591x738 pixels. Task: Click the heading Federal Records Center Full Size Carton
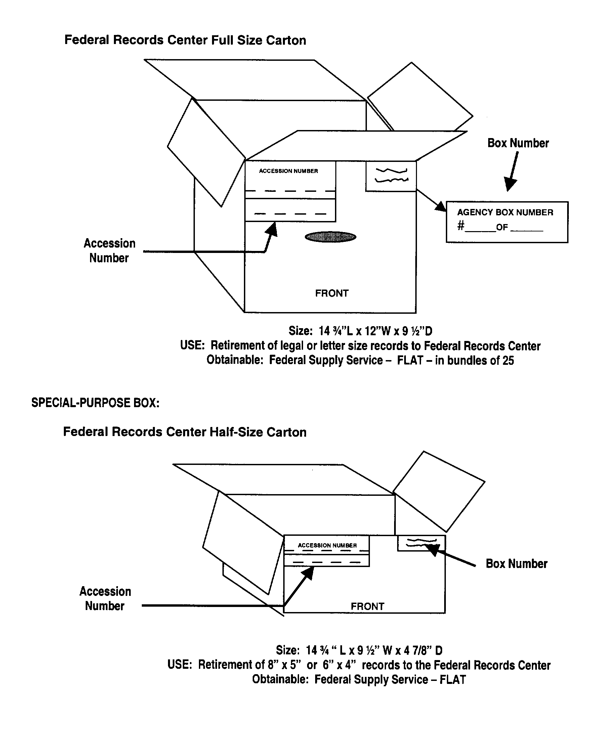(185, 40)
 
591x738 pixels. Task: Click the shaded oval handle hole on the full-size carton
(330, 237)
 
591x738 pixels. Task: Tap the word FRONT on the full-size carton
(332, 293)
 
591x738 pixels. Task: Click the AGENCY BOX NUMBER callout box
(507, 222)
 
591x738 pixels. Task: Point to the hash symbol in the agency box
(461, 225)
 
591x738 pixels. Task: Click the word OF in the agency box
(502, 227)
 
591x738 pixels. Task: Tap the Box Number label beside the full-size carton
(518, 143)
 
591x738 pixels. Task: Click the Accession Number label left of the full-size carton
(109, 251)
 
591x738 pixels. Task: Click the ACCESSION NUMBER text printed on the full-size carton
(288, 171)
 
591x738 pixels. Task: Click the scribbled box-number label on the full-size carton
(391, 176)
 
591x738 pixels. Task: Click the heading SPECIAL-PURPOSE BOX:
(95, 403)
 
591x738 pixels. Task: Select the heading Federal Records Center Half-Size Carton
(184, 432)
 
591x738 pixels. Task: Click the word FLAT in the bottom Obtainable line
(453, 680)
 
